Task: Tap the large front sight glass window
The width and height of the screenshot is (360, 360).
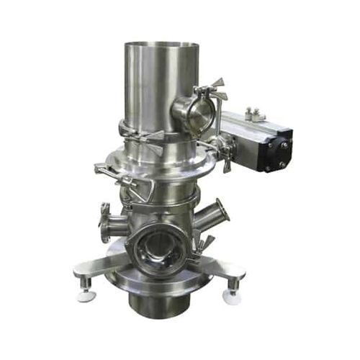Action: click(x=154, y=249)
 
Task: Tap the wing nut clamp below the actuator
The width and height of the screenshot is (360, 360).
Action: click(x=223, y=158)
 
